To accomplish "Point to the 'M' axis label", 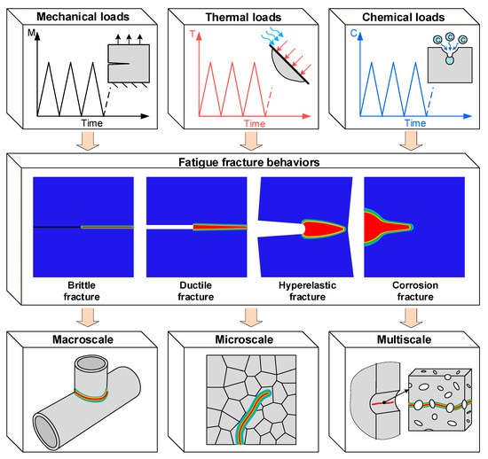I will (x=32, y=34).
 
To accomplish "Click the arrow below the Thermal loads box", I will (x=246, y=142).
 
